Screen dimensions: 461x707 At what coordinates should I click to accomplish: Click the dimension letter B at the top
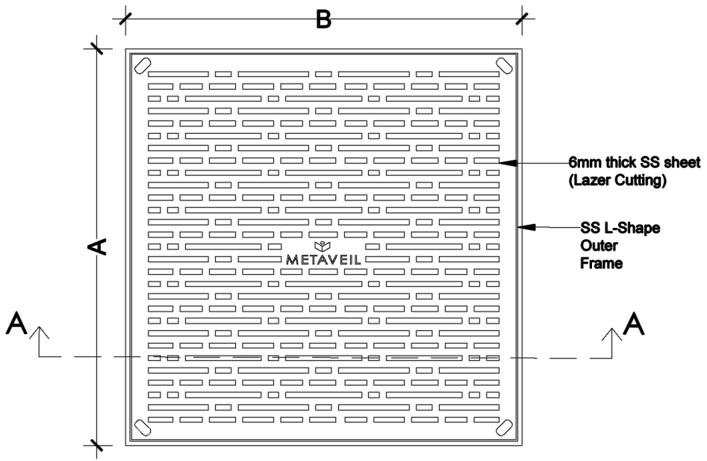[x=323, y=19]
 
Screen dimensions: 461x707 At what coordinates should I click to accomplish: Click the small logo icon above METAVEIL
[x=323, y=246]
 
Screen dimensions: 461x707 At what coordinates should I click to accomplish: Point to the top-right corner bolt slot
[x=505, y=65]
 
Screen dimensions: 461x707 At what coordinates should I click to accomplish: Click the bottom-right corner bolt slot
[x=505, y=427]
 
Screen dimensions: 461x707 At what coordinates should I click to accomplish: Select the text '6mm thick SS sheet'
[x=635, y=163]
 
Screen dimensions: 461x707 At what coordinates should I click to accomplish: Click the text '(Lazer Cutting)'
[x=617, y=179]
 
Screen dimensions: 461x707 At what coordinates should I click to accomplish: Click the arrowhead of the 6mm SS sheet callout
[x=505, y=161]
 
